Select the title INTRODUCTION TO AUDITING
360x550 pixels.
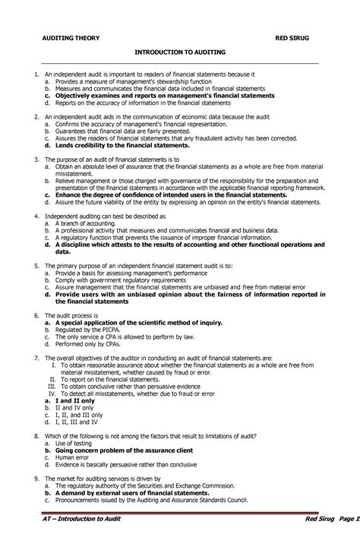[180, 53]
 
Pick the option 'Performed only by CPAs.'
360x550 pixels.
[87, 343]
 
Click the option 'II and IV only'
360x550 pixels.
[74, 406]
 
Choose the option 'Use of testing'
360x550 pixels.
[73, 442]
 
